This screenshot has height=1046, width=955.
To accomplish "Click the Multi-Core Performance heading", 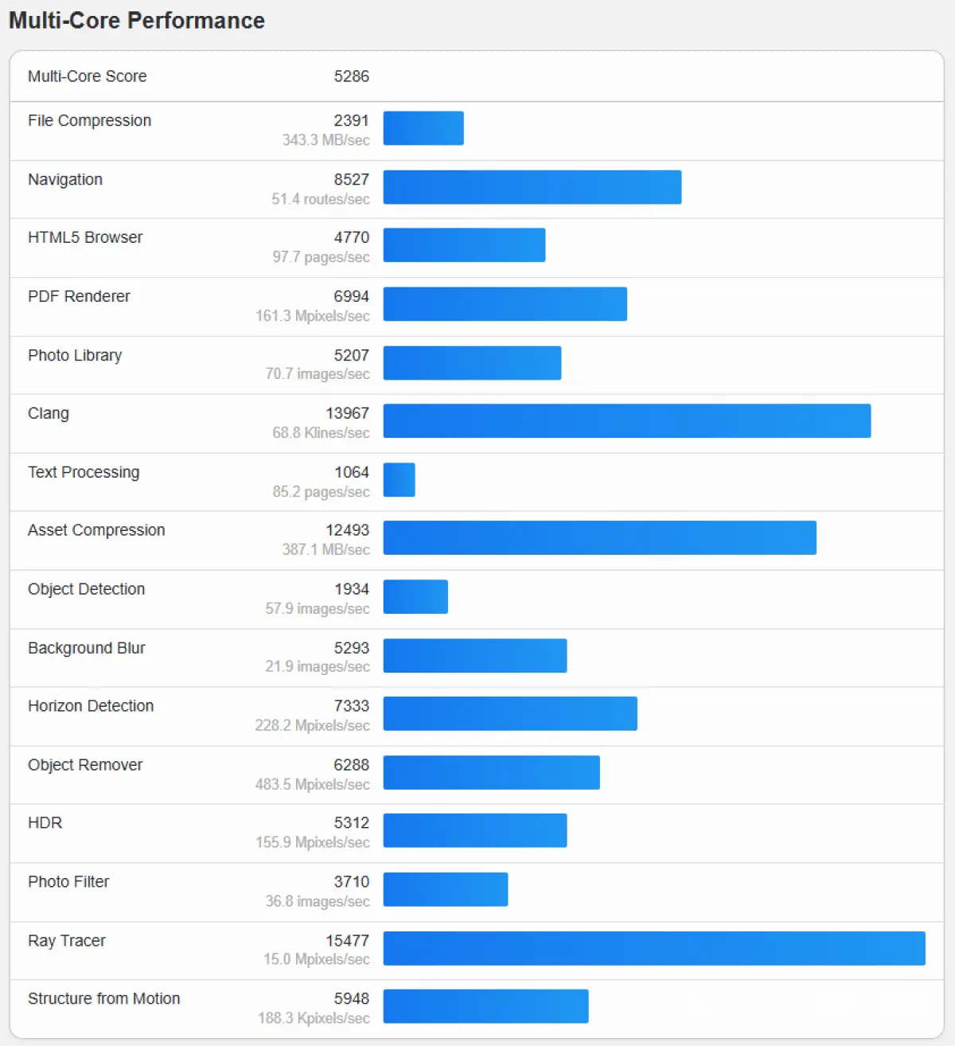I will click(137, 21).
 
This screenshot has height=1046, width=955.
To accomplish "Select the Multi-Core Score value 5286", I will click(351, 76).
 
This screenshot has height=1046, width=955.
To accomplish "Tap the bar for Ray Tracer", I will click(653, 948).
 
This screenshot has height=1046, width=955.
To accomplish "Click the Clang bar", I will click(626, 421).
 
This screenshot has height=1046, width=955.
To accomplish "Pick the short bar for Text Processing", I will click(399, 480).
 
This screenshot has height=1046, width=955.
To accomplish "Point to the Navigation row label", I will click(65, 180).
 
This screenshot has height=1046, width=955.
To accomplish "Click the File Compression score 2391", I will click(351, 120).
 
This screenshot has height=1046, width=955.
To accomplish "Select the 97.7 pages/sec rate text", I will click(321, 257).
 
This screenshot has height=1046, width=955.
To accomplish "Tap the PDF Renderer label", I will click(79, 296).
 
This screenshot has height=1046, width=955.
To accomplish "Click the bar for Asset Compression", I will click(599, 537).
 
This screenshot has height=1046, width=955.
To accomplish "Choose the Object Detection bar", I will click(415, 597).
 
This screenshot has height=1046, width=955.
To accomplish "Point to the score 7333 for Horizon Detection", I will click(351, 706).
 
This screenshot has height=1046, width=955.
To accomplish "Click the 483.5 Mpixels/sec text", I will click(312, 784).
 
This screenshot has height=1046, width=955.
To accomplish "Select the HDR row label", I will click(45, 823).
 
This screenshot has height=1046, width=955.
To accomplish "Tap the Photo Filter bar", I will click(445, 889).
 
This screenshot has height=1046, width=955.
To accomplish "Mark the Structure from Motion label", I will click(103, 999).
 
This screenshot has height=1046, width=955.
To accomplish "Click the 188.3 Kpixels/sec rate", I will click(314, 1018).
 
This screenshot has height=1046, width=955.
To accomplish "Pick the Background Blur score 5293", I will click(351, 648).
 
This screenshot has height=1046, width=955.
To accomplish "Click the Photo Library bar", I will click(472, 363).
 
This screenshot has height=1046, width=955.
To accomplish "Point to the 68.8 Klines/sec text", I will click(321, 433).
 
